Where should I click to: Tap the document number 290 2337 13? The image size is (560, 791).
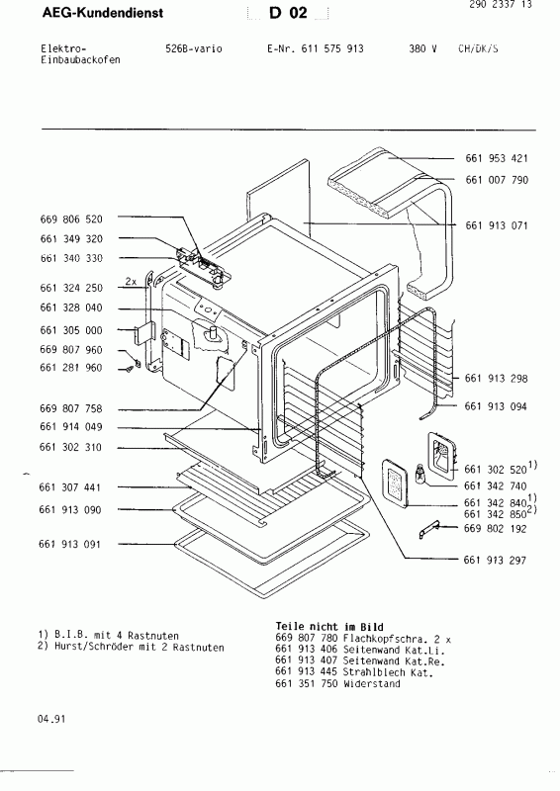513,5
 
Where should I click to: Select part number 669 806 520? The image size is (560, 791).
70,218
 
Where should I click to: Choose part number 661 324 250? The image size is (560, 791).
70,288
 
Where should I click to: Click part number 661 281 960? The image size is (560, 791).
70,368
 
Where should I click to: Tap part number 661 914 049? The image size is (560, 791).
70,427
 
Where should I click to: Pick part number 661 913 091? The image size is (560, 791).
70,545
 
